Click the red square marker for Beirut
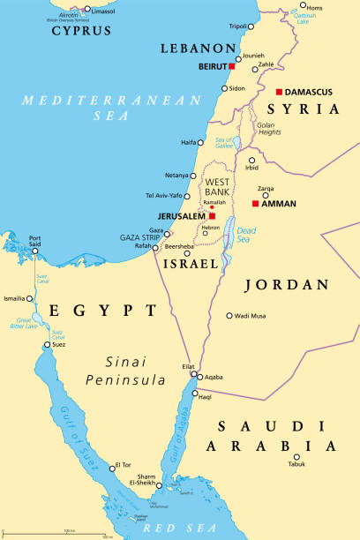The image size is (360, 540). pyautogui.click(x=231, y=66)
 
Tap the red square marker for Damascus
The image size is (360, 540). pyautogui.click(x=279, y=92)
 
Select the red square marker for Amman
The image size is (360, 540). pyautogui.click(x=255, y=204)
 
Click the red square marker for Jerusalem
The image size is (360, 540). pyautogui.click(x=212, y=215)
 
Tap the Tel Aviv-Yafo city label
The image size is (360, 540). pyautogui.click(x=165, y=195)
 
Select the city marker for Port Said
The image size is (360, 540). pyautogui.click(x=35, y=250)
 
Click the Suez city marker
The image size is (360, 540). pyautogui.click(x=44, y=345)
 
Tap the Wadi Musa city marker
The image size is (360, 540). pyautogui.click(x=229, y=315)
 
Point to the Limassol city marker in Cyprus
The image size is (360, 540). pyautogui.click(x=86, y=10)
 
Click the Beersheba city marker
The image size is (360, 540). pyautogui.click(x=187, y=253)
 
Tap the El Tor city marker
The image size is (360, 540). pyautogui.click(x=112, y=466)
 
